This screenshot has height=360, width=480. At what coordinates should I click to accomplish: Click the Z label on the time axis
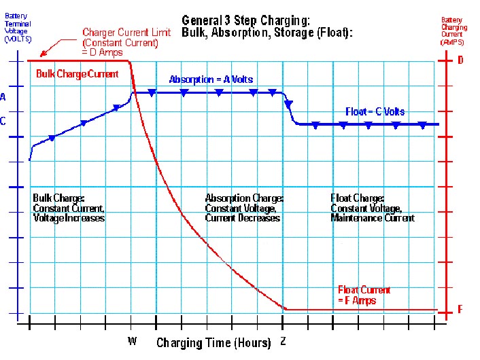[283, 342]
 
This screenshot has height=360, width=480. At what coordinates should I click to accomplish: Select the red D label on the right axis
[460, 60]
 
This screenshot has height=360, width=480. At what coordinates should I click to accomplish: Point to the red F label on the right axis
[460, 310]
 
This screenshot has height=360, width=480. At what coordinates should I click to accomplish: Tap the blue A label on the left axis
[3, 97]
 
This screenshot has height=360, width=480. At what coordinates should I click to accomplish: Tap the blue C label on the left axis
[3, 122]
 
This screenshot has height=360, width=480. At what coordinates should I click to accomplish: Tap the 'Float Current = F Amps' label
[364, 295]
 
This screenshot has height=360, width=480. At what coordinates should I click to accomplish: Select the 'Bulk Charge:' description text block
[69, 208]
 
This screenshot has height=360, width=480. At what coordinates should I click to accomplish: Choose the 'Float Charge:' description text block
[373, 208]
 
